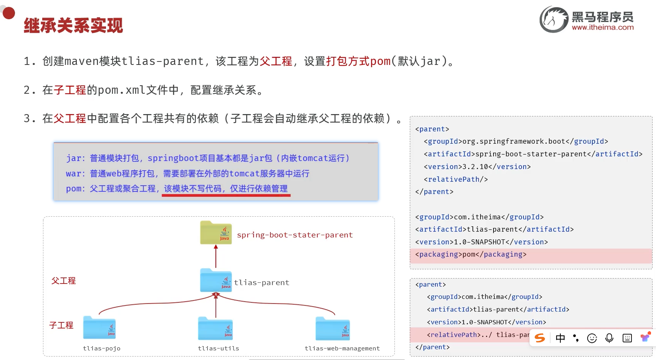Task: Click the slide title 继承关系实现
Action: tap(73, 26)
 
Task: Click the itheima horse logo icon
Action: tap(553, 19)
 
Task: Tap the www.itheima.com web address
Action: tap(603, 27)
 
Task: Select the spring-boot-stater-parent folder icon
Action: tap(216, 232)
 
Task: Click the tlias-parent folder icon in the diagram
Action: tap(216, 280)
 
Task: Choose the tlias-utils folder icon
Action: tap(215, 328)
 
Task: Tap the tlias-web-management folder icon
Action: tap(333, 328)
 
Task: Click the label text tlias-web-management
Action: tap(342, 348)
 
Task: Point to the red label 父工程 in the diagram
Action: tap(64, 281)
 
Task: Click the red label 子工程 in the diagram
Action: tap(61, 325)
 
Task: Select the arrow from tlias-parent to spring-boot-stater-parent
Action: tap(216, 256)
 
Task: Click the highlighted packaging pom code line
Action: tap(470, 254)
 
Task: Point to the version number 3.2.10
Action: tap(475, 167)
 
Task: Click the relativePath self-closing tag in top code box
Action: tap(456, 179)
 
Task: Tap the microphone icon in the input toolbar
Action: tap(609, 338)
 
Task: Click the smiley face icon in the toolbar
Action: tap(592, 338)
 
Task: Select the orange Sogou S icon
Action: tap(540, 338)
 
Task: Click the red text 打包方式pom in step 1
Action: tap(358, 61)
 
